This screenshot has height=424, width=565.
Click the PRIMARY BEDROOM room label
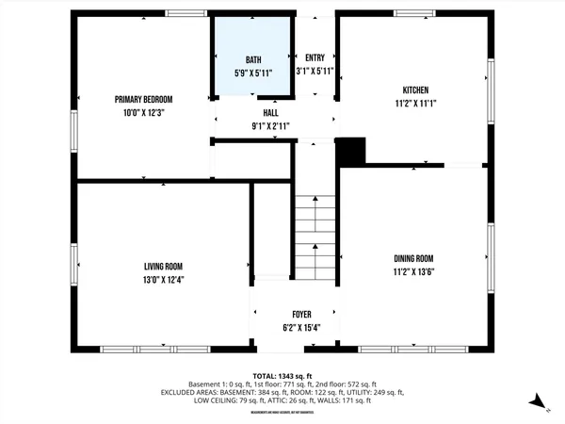click(144, 99)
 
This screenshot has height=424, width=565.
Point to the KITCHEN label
click(412, 91)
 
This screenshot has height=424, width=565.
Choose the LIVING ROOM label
click(163, 266)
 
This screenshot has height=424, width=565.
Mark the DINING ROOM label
click(413, 258)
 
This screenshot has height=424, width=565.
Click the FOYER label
click(296, 315)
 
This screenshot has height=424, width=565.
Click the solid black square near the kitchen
click(350, 151)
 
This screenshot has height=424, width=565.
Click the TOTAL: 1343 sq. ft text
click(282, 375)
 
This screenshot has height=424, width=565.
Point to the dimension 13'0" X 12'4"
click(163, 279)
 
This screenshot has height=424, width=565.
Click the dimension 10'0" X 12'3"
click(144, 112)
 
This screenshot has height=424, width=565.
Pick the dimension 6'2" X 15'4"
click(296, 328)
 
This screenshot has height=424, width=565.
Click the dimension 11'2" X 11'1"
click(412, 105)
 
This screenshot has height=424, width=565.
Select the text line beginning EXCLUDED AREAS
click(282, 392)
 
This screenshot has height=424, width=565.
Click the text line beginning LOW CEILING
click(282, 400)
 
